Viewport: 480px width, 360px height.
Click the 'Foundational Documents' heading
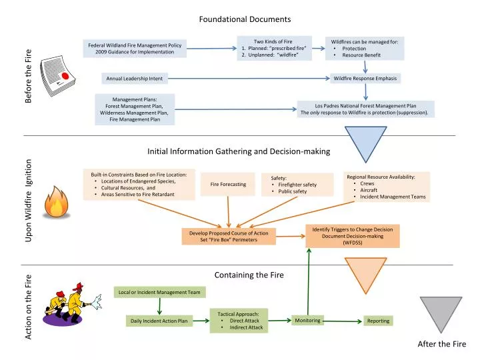coord(245,19)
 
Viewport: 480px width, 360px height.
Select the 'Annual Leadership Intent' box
coord(135,79)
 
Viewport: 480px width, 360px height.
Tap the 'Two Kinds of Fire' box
coord(273,48)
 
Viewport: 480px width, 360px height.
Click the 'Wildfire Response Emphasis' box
coord(365,79)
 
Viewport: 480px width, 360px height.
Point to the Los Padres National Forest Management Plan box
coord(365,109)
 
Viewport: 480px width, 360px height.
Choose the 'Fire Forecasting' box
coord(228,184)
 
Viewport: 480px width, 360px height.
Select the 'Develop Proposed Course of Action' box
coord(229,237)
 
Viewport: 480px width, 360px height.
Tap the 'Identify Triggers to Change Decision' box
coord(352,236)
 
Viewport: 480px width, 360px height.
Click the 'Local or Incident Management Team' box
coord(161,292)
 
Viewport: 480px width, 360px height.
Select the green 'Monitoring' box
coord(307,321)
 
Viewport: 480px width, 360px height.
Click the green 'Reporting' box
coord(378,321)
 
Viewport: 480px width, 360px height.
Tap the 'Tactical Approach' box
coord(239,321)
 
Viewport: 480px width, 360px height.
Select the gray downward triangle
coord(441,313)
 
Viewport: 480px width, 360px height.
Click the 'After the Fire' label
coord(441,344)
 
